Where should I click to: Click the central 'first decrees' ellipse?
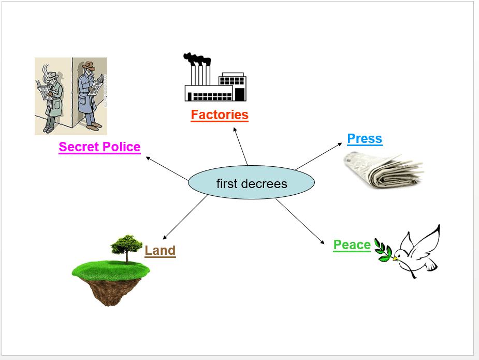pyautogui.click(x=251, y=183)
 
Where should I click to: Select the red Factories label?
pyautogui.click(x=220, y=114)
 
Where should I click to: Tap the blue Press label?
pyautogui.click(x=365, y=138)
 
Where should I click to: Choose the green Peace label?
pyautogui.click(x=352, y=244)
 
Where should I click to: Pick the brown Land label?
pyautogui.click(x=160, y=250)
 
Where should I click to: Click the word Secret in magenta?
pyautogui.click(x=77, y=147)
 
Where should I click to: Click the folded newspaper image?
pyautogui.click(x=383, y=170)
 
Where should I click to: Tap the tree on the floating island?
pyautogui.click(x=126, y=246)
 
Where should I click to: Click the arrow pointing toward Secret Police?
pyautogui.click(x=167, y=168)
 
